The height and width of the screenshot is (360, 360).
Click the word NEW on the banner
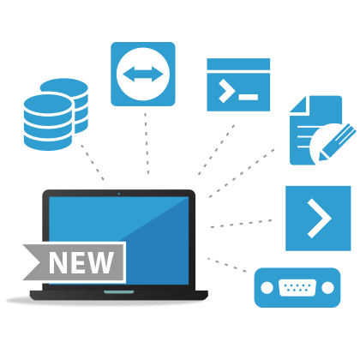[81, 262]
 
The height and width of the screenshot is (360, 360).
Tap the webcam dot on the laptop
[119, 194]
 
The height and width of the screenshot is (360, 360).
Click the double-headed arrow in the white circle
[143, 74]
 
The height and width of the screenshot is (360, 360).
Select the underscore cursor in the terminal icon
[249, 97]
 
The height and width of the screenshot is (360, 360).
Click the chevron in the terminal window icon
[226, 91]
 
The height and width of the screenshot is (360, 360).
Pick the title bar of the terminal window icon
[238, 64]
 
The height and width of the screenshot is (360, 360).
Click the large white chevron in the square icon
[319, 219]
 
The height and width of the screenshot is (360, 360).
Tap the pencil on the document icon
[338, 142]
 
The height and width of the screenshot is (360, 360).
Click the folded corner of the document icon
[298, 104]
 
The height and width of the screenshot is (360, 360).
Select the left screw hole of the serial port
[267, 288]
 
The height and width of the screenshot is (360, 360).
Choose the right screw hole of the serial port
[327, 288]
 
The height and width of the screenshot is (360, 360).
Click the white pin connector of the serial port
[297, 288]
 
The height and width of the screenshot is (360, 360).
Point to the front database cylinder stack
[48, 123]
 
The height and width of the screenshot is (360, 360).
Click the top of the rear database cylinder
[64, 86]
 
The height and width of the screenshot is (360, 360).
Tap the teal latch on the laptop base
[119, 292]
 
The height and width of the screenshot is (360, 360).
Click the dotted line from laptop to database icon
[93, 162]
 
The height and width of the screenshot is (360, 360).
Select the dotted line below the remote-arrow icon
[147, 143]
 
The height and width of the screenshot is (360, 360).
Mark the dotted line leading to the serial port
[227, 265]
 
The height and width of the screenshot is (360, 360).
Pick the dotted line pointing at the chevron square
[241, 224]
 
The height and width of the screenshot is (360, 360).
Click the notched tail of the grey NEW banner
[32, 262]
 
